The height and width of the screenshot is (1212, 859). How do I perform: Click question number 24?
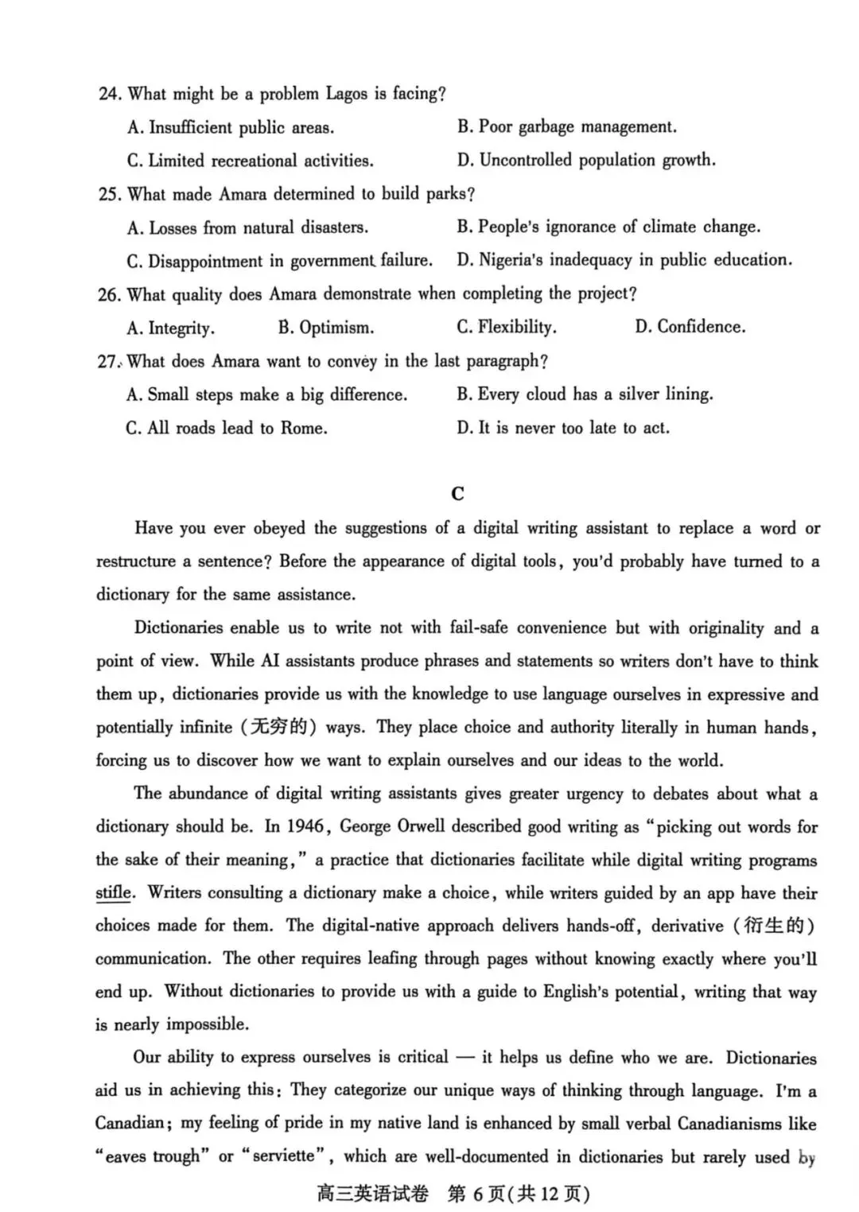pos(110,94)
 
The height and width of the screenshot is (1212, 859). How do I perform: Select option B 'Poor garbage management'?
pos(566,127)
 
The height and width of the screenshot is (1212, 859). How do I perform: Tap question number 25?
pos(110,194)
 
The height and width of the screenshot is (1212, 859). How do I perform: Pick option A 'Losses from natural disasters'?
pos(247,228)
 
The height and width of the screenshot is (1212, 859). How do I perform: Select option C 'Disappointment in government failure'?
pos(279,261)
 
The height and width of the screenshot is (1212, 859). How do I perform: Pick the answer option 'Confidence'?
pos(690,327)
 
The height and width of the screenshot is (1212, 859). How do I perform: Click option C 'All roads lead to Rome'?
pos(227,429)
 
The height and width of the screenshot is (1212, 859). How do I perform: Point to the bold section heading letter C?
pos(457,494)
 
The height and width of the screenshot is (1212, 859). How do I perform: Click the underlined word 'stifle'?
pos(114,893)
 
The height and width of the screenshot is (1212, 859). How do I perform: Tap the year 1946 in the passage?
pos(305,826)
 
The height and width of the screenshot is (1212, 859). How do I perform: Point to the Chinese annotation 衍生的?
pos(773,926)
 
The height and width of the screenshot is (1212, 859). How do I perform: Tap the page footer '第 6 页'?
pos(476,1194)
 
